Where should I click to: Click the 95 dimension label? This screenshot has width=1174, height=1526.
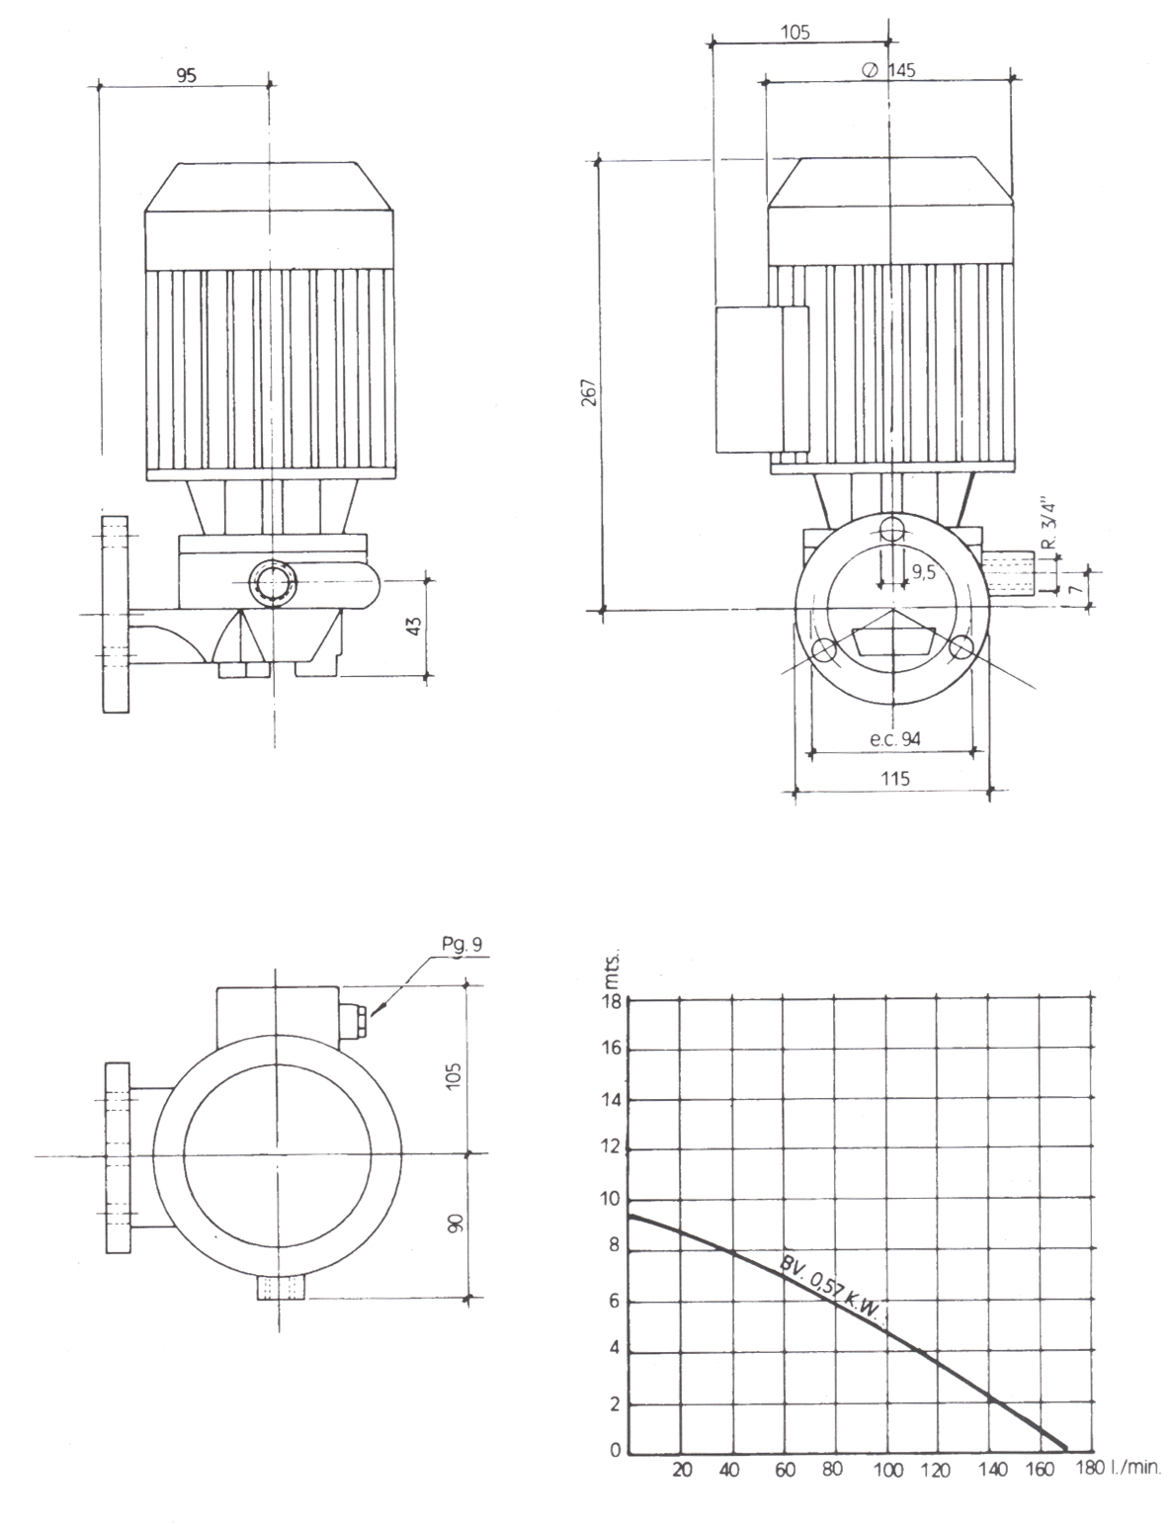[186, 75]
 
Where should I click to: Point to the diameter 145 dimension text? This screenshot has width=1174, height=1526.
[889, 70]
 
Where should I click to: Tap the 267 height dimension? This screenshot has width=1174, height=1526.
[589, 392]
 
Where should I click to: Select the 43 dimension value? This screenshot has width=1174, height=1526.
[414, 626]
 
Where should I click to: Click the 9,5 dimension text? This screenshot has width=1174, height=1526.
[924, 573]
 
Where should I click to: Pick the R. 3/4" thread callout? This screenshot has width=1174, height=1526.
[1048, 525]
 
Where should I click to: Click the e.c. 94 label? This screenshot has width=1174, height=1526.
[894, 738]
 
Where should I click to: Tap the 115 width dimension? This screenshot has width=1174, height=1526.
[895, 778]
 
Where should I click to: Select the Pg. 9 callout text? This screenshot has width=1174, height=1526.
[462, 945]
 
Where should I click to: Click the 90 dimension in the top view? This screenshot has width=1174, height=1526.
[456, 1223]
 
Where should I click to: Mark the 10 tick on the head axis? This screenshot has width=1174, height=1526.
[611, 1199]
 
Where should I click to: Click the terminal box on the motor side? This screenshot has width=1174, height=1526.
[762, 380]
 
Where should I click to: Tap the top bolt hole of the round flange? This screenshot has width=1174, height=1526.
[891, 530]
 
